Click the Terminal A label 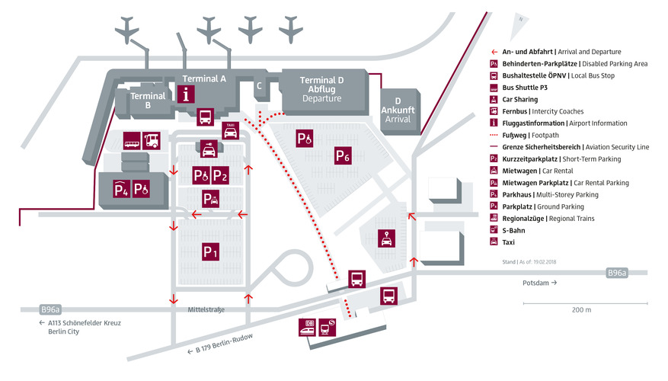point(205,78)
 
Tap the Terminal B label point(148,101)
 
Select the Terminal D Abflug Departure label point(321,89)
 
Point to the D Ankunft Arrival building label point(398,110)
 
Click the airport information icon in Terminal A point(186,94)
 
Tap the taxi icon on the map point(230,130)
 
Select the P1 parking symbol point(210,251)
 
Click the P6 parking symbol point(343,156)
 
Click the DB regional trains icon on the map point(308,325)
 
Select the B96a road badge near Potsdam point(616,272)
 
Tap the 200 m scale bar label point(580,310)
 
